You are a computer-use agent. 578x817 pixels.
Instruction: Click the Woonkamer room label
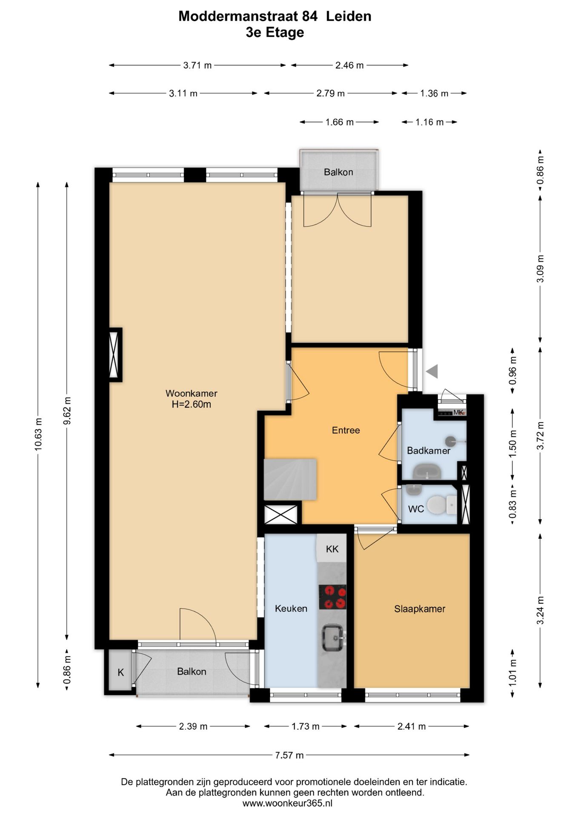[x=192, y=393]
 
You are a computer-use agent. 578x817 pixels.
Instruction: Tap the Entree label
[x=346, y=430]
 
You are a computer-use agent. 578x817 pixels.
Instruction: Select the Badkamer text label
[x=428, y=451]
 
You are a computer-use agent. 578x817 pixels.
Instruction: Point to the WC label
[x=416, y=509]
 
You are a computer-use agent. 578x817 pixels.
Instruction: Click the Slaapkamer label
[x=420, y=609]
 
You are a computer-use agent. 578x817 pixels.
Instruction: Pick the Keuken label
[x=291, y=608]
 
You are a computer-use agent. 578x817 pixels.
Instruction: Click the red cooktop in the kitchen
[x=332, y=597]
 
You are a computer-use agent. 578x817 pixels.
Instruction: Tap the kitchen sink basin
[x=333, y=637]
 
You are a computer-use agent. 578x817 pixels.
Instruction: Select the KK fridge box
[x=332, y=549]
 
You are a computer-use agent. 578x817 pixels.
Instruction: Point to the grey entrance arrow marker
[x=432, y=371]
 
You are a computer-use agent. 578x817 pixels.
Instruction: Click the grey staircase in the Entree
[x=290, y=479]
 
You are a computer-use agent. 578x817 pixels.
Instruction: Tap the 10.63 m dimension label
[x=38, y=434]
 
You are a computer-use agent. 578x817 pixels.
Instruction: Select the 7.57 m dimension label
[x=289, y=755]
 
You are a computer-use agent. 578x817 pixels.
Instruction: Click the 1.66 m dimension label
[x=340, y=122]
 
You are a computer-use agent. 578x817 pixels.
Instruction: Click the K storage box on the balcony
[x=121, y=672]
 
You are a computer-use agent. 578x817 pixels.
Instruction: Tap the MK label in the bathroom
[x=458, y=412]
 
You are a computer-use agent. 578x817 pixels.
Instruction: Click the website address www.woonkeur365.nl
[x=288, y=803]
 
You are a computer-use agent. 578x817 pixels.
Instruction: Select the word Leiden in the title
[x=349, y=16]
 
